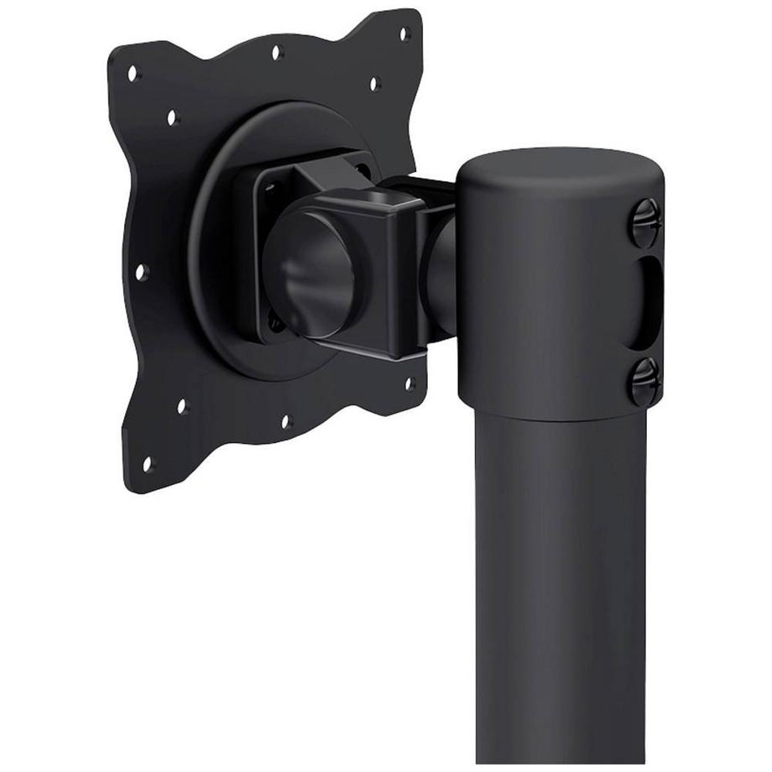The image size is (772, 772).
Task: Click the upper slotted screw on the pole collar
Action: (x=645, y=223)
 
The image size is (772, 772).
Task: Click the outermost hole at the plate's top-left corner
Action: (x=132, y=74)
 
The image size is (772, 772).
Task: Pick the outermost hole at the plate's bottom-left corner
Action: (x=148, y=462)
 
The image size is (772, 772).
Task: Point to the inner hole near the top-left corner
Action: (x=171, y=117)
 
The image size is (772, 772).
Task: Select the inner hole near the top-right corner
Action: (x=374, y=83)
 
